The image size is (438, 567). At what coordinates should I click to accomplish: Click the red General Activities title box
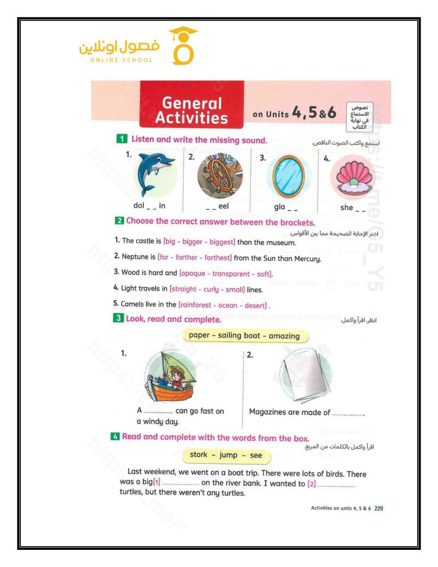click(191, 110)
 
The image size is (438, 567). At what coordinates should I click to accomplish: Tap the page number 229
click(379, 508)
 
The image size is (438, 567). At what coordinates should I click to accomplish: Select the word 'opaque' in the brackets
click(194, 273)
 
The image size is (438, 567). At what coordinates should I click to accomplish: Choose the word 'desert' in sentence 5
click(256, 305)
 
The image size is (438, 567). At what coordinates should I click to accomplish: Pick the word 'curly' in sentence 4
click(211, 289)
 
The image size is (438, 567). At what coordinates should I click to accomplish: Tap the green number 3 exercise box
click(118, 318)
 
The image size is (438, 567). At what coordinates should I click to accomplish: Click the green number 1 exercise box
click(122, 139)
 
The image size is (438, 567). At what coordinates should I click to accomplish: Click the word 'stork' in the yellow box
click(198, 455)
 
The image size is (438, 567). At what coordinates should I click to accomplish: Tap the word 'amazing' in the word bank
click(283, 336)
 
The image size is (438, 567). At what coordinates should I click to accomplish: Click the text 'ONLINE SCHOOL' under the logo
click(121, 60)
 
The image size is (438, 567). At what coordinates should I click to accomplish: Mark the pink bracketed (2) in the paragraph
click(312, 483)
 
